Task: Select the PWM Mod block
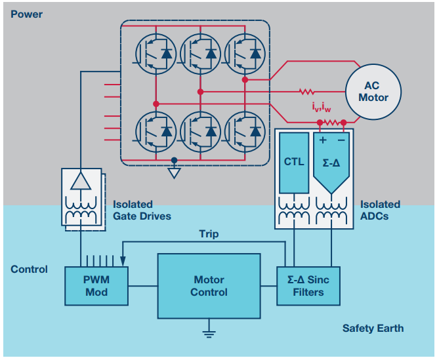96,286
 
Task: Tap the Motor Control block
209,286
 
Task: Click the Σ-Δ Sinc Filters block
308,286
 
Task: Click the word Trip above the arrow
209,234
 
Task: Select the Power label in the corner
26,14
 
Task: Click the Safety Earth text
373,328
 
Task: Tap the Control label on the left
29,270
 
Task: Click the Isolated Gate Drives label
142,210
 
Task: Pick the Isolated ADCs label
380,210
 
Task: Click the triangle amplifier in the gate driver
81,182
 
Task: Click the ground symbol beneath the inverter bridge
174,172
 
